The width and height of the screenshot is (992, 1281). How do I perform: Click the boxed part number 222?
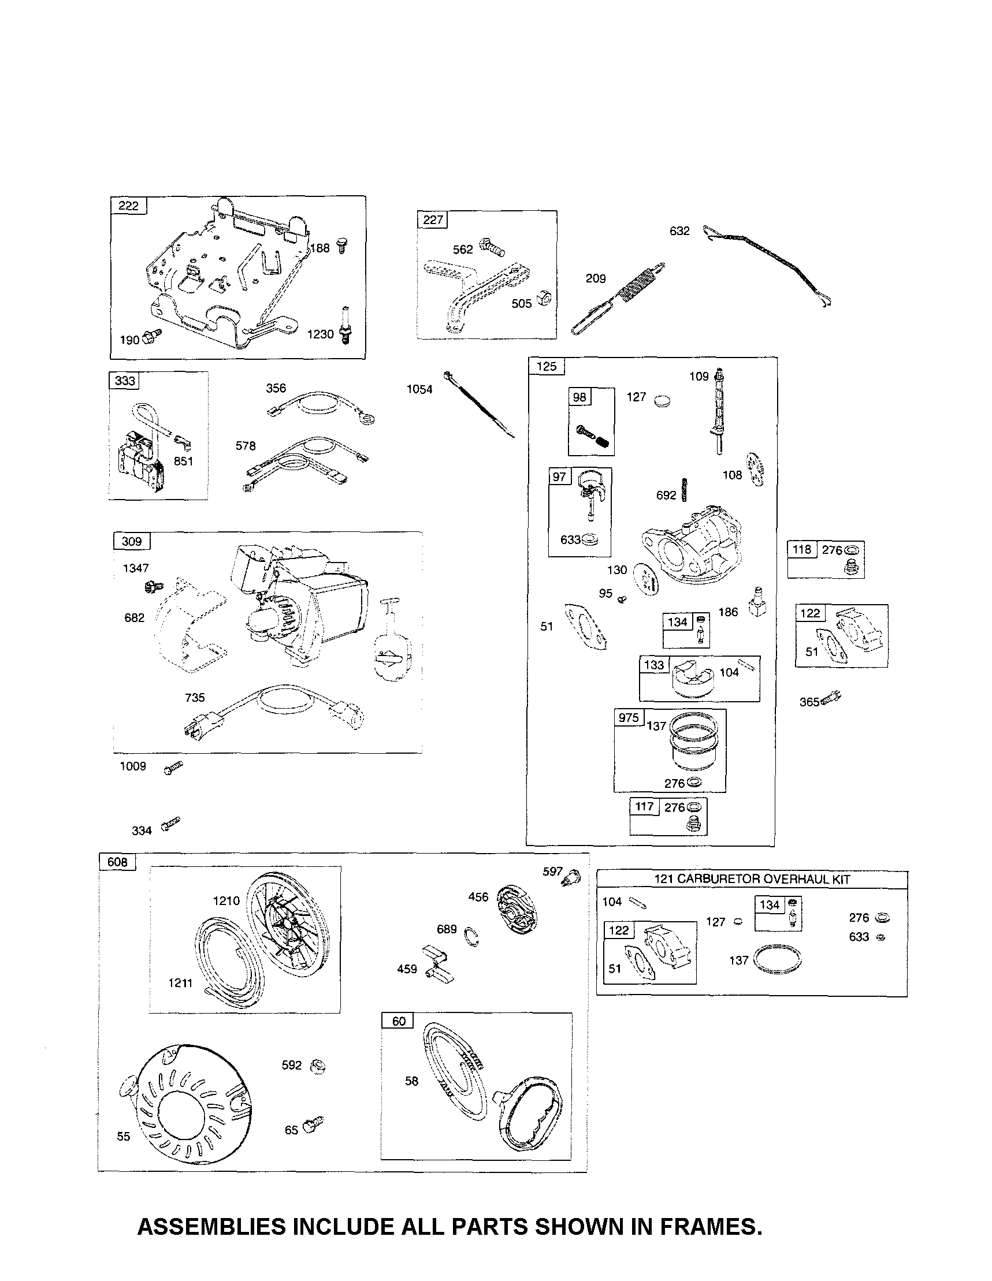click(x=128, y=206)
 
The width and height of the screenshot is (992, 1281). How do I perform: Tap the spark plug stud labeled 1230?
click(x=345, y=326)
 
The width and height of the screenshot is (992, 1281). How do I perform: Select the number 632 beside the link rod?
click(x=679, y=231)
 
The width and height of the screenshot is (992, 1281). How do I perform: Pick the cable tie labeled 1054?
click(x=478, y=404)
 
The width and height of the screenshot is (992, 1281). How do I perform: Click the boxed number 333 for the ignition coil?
click(x=124, y=381)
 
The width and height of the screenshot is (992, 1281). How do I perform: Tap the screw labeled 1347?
click(x=154, y=586)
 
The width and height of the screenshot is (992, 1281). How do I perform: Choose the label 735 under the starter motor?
click(x=195, y=698)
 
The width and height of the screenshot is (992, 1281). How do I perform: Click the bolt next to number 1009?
click(x=174, y=766)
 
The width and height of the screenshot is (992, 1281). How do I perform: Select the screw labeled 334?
click(x=170, y=824)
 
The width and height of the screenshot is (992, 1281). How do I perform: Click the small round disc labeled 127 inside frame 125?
click(x=663, y=402)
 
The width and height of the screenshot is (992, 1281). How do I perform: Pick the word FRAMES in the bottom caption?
click(x=711, y=1227)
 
